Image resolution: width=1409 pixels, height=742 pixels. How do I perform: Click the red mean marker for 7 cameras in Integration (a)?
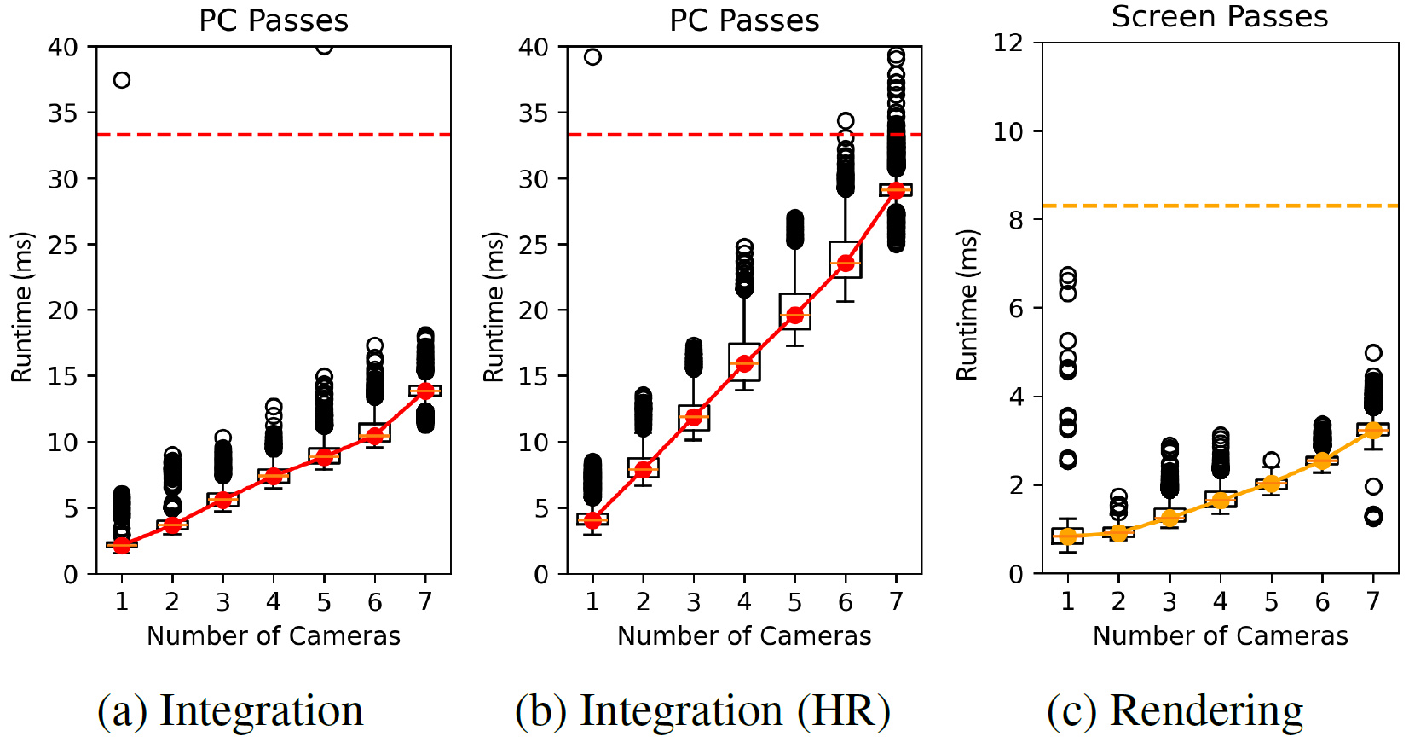[425, 391]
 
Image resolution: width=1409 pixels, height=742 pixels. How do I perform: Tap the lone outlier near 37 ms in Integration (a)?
[122, 80]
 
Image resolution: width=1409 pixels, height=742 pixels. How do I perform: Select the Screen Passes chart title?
[1219, 17]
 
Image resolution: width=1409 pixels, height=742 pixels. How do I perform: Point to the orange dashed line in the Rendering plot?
[1220, 206]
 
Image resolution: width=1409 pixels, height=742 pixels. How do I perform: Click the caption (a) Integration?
[230, 710]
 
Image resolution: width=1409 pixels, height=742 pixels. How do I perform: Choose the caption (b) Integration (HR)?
[702, 710]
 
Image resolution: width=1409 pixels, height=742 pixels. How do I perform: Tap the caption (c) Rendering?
[1175, 710]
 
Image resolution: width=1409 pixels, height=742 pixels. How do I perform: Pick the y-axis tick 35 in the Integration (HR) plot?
[534, 113]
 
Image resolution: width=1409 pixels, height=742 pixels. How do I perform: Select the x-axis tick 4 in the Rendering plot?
[1220, 601]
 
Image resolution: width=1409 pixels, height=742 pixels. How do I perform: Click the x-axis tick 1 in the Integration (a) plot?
[122, 601]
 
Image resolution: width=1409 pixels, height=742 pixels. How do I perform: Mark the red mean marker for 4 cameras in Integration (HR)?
[744, 363]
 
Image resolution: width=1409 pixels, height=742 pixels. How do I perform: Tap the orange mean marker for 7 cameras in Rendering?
[1372, 431]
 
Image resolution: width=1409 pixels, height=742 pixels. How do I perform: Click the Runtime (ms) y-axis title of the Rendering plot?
[967, 305]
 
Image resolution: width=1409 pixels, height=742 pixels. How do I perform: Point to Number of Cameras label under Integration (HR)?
[744, 635]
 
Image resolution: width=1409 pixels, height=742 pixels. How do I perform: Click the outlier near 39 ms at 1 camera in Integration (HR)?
[592, 57]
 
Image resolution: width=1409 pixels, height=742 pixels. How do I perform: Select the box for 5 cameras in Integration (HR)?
[794, 311]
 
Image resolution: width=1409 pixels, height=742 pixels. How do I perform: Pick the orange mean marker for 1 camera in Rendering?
[1067, 536]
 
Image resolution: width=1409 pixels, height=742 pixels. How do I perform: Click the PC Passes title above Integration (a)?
[274, 20]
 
